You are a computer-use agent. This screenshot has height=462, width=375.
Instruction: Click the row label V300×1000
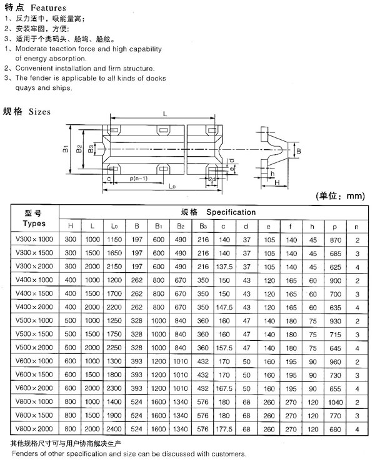point(35,239)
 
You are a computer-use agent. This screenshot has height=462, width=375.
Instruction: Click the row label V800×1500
point(35,416)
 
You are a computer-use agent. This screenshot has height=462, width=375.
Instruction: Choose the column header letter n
point(356,225)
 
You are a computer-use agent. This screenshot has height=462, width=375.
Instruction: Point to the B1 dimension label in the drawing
point(64,149)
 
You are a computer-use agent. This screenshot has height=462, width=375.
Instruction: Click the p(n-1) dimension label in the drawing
point(136,179)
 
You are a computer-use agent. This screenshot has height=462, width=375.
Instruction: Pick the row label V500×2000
point(35,347)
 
